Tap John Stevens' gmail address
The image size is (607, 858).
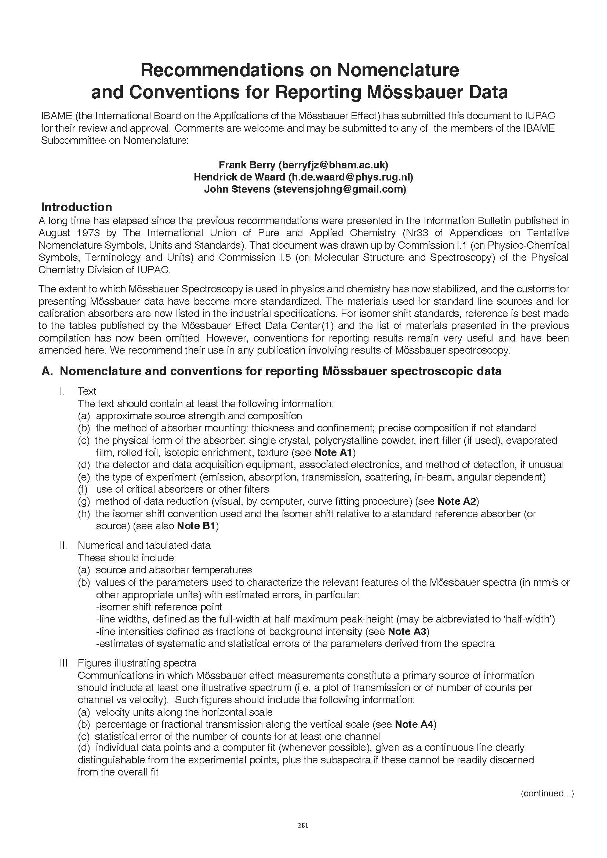339,189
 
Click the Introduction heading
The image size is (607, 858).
76,207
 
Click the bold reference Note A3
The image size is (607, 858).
407,632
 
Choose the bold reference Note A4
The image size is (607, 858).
413,724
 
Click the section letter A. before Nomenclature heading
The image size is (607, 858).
47,371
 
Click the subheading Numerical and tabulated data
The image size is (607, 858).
144,545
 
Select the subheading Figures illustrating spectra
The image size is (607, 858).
137,663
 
